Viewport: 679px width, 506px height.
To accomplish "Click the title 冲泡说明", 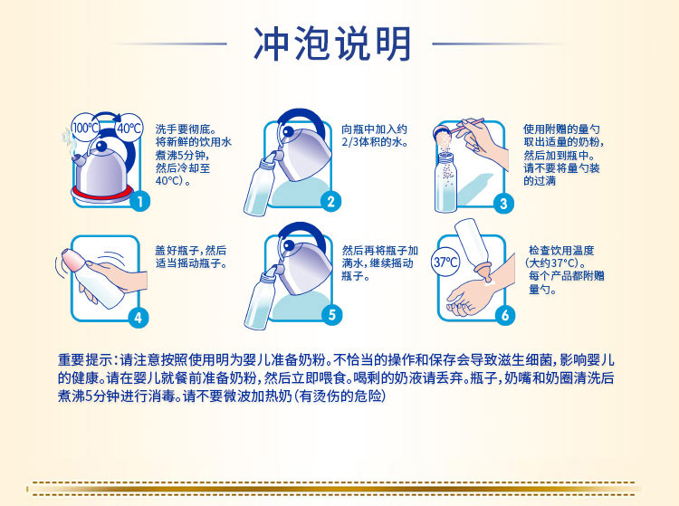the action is pyautogui.click(x=331, y=43).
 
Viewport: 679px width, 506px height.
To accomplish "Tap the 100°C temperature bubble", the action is pyautogui.click(x=86, y=128).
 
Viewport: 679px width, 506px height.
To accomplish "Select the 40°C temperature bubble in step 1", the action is pyautogui.click(x=129, y=128).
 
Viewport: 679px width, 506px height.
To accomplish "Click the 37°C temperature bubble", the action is pyautogui.click(x=445, y=262).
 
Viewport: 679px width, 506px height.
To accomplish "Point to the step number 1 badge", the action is pyautogui.click(x=139, y=201).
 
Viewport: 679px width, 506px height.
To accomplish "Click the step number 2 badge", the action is pyautogui.click(x=330, y=201).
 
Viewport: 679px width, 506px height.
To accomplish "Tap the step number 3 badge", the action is pyautogui.click(x=503, y=204).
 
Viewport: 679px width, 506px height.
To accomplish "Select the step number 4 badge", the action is pyautogui.click(x=139, y=318).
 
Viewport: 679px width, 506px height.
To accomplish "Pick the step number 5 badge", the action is pyautogui.click(x=331, y=315).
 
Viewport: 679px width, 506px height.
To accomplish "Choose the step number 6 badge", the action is pyautogui.click(x=505, y=315).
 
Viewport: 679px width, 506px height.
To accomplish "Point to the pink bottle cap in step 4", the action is pyautogui.click(x=72, y=260).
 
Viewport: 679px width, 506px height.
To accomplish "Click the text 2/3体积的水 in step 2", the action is pyautogui.click(x=375, y=142).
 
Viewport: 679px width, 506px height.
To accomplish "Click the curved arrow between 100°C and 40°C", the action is pyautogui.click(x=107, y=116).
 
